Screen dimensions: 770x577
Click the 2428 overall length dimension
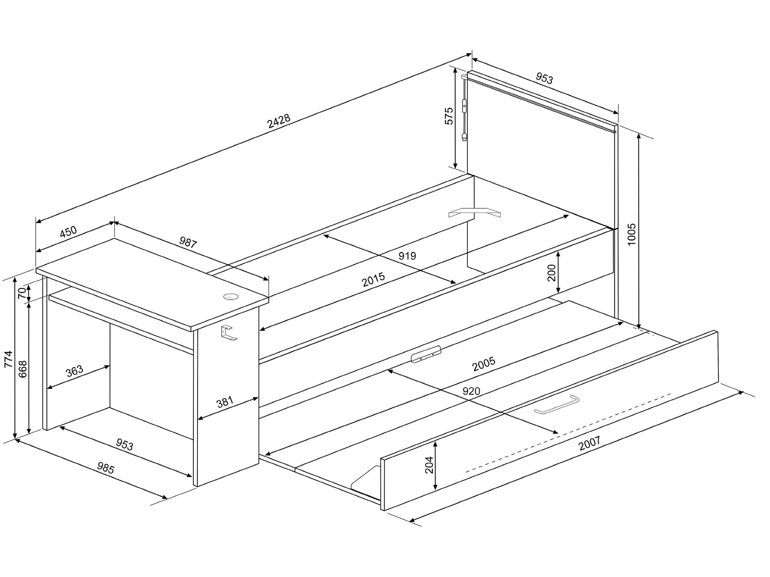tap(279, 121)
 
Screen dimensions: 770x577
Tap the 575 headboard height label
tap(449, 116)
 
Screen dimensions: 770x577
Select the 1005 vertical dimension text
tap(632, 234)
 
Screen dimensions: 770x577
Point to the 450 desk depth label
tap(68, 232)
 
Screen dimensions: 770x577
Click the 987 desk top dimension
tap(188, 243)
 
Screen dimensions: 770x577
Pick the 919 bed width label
tap(407, 256)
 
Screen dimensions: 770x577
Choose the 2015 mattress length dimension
tap(373, 279)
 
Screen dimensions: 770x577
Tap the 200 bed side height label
tap(552, 273)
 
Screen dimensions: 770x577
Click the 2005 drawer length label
tap(484, 364)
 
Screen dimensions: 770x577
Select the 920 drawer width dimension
tap(471, 391)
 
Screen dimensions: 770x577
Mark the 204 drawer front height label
tap(429, 465)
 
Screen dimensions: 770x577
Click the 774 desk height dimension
tap(8, 359)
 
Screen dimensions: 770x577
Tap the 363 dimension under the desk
tap(74, 371)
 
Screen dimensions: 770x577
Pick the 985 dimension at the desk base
tap(106, 468)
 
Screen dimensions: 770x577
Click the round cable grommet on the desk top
tap(230, 297)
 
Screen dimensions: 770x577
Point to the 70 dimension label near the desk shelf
tap(22, 293)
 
